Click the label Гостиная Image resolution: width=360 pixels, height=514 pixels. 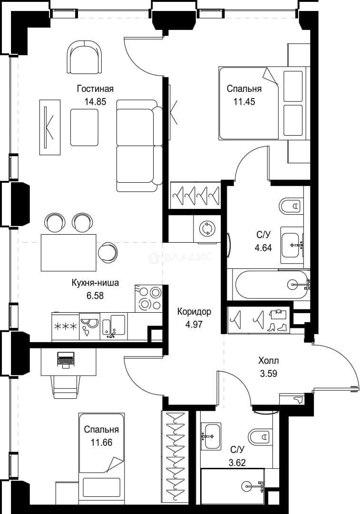click(x=95, y=89)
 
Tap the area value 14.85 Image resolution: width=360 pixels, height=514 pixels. click(x=95, y=102)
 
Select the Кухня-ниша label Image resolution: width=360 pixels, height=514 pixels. click(x=95, y=283)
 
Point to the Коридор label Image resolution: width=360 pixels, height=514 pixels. click(x=194, y=311)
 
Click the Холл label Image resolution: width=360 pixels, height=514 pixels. click(x=269, y=361)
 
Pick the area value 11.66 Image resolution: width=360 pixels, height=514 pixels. click(x=102, y=443)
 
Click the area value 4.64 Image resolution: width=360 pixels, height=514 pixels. click(x=263, y=248)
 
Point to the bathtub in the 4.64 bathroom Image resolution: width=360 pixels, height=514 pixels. click(x=271, y=284)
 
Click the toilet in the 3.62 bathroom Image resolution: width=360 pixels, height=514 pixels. click(x=260, y=436)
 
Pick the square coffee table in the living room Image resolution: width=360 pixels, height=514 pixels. click(x=84, y=127)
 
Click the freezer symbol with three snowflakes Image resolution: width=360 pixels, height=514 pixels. click(x=66, y=326)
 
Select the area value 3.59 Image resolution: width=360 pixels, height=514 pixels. click(x=269, y=374)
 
